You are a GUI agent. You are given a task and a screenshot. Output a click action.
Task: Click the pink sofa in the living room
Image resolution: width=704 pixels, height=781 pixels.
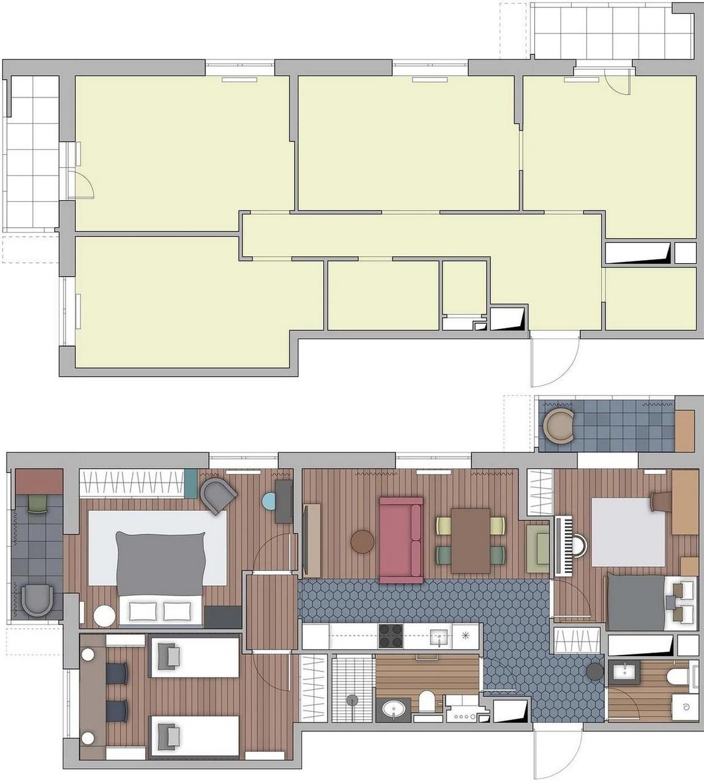pyautogui.click(x=401, y=540)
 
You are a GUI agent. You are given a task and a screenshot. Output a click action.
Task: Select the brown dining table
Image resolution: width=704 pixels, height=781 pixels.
pyautogui.click(x=470, y=540)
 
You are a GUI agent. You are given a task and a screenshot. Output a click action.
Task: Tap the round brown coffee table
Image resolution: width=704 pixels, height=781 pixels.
pyautogui.click(x=362, y=541)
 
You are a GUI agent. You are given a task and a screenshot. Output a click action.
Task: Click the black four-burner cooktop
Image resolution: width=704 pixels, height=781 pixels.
pyautogui.click(x=391, y=636)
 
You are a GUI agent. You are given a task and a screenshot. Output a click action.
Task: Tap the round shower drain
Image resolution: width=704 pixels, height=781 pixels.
pyautogui.click(x=353, y=699)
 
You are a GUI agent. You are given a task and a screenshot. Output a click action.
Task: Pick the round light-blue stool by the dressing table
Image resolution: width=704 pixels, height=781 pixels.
pyautogui.click(x=269, y=502)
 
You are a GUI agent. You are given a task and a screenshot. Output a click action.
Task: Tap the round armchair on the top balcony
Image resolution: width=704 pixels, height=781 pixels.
pyautogui.click(x=559, y=425)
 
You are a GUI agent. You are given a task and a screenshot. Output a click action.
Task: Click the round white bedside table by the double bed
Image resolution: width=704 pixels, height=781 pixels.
pyautogui.click(x=104, y=616)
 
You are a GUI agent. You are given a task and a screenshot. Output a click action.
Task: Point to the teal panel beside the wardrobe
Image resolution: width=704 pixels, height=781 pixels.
pyautogui.click(x=191, y=484)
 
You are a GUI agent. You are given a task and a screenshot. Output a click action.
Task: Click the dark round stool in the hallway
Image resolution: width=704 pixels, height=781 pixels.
pyautogui.click(x=594, y=672)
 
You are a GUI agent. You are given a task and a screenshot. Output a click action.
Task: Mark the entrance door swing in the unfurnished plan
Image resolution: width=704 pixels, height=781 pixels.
pyautogui.click(x=554, y=361)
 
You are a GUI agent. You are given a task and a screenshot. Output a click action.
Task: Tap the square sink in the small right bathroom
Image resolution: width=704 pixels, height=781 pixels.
pyautogui.click(x=624, y=672)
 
